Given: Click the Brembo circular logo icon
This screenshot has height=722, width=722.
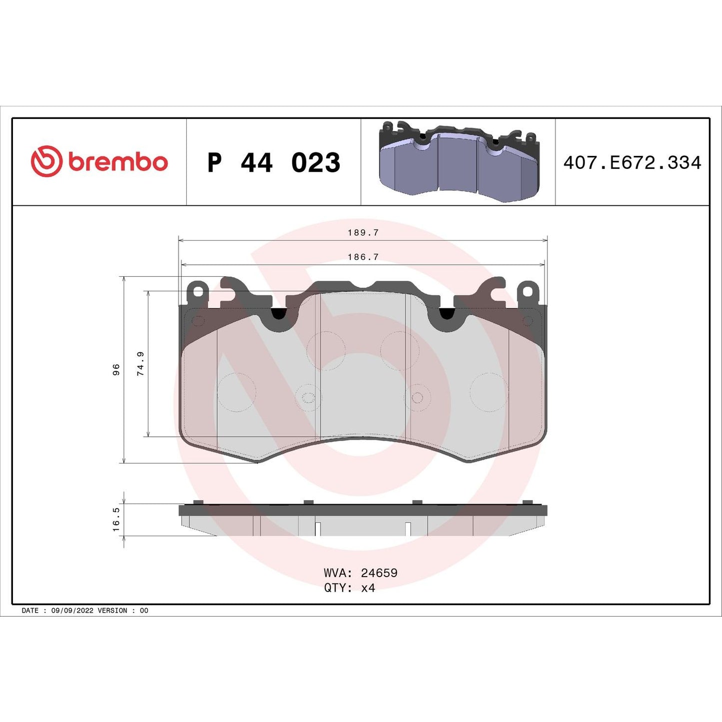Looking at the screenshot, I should pyautogui.click(x=46, y=161).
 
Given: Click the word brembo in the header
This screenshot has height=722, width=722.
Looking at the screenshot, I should pyautogui.click(x=118, y=162).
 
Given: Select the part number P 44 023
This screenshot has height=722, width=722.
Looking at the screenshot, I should pyautogui.click(x=273, y=163).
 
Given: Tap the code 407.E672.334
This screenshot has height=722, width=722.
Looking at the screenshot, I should pyautogui.click(x=632, y=163).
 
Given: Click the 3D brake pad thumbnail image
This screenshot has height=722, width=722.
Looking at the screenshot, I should pyautogui.click(x=459, y=161).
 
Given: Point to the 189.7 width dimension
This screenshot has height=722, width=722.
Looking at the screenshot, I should pyautogui.click(x=363, y=233).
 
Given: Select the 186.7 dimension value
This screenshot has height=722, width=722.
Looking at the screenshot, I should pyautogui.click(x=363, y=257).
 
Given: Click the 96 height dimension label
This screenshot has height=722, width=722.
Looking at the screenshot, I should pyautogui.click(x=116, y=370).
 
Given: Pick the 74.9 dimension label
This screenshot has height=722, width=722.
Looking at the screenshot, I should pyautogui.click(x=141, y=363).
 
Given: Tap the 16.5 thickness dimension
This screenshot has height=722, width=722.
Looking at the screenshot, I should pyautogui.click(x=116, y=520).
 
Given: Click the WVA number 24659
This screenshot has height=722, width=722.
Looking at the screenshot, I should pyautogui.click(x=379, y=573).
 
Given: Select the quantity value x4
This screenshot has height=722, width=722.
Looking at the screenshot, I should pyautogui.click(x=368, y=588).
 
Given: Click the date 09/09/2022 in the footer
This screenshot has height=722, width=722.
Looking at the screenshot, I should pyautogui.click(x=72, y=611).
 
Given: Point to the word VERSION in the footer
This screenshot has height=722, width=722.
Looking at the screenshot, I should pyautogui.click(x=112, y=611).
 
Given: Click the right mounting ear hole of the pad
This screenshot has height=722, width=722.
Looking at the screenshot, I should pyautogui.click(x=528, y=291).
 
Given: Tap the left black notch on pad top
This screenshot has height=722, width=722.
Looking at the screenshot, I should pyautogui.click(x=278, y=314).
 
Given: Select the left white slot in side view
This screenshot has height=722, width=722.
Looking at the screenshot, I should pyautogui.click(x=318, y=529).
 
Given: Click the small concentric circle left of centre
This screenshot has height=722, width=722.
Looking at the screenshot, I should pyautogui.click(x=308, y=398).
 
